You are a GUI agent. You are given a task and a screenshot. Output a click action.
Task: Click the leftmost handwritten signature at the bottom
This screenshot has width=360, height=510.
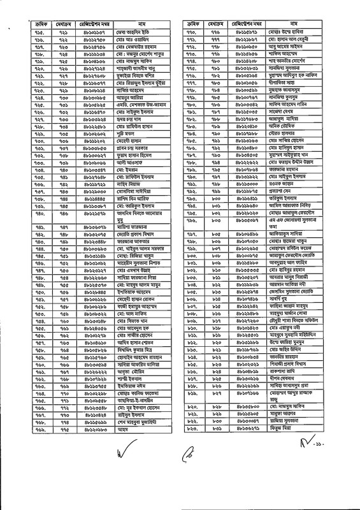coord(123,456)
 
